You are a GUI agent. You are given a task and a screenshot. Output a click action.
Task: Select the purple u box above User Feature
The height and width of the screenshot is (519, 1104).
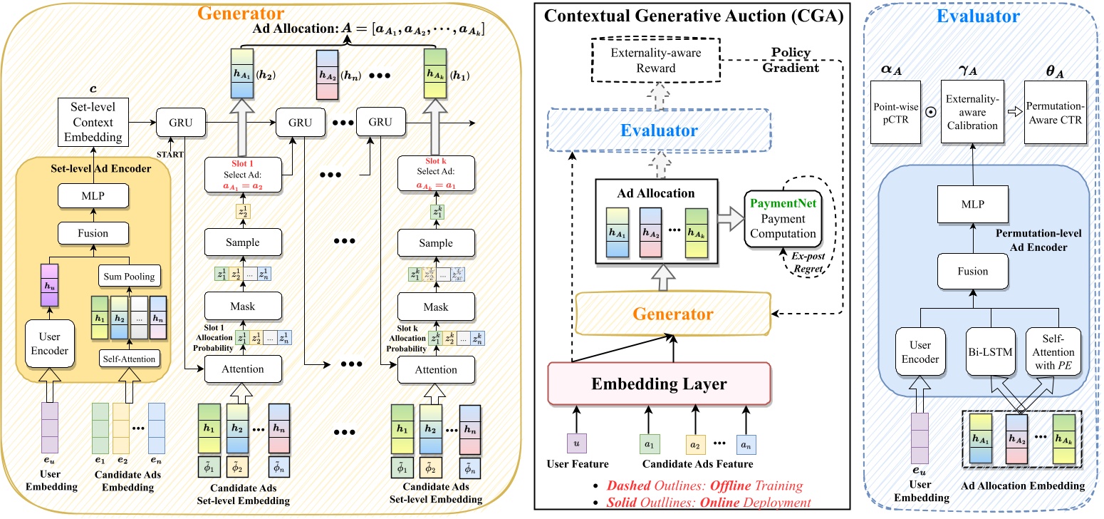coord(577,443)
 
